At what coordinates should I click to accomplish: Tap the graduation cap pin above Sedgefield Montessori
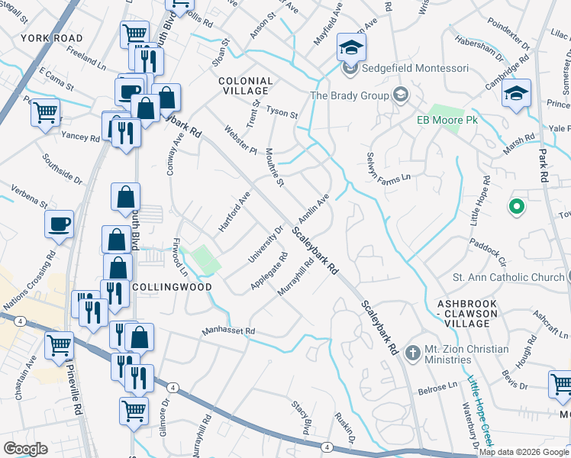351,48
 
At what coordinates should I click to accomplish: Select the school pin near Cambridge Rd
516,94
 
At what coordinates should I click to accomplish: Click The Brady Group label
350,95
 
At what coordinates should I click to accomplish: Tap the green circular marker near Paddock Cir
516,207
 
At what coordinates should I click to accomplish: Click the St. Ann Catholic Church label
508,276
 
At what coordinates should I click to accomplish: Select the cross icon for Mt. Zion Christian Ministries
413,353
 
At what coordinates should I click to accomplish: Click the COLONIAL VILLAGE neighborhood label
245,85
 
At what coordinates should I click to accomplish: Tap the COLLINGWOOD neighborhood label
172,287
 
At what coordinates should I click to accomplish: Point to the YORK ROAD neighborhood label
51,37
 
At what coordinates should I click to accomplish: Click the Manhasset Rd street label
227,332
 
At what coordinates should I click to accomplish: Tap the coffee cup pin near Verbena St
59,224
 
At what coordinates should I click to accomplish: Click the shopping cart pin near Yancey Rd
45,113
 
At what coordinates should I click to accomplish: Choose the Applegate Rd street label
268,272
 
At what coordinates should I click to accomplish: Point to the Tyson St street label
282,112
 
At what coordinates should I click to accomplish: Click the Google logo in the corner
26,449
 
